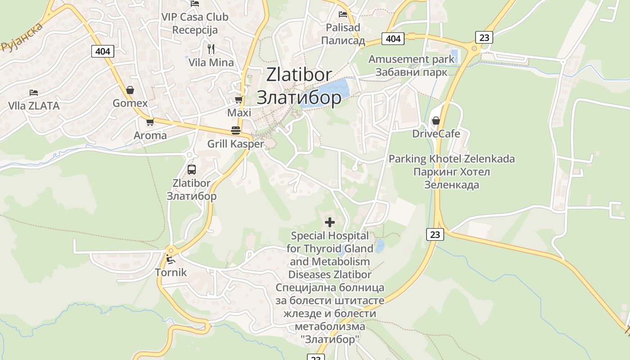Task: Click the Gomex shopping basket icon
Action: click(x=130, y=90)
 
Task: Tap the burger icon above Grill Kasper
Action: click(x=236, y=130)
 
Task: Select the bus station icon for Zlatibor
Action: click(x=192, y=170)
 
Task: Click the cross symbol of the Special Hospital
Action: click(x=330, y=222)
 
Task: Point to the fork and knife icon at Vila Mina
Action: click(x=211, y=49)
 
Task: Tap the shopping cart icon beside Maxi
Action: click(x=238, y=99)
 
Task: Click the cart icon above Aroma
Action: click(x=150, y=122)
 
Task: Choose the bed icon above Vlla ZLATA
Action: click(x=34, y=93)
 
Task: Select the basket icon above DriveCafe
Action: click(x=436, y=121)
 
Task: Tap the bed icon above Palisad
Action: click(x=343, y=14)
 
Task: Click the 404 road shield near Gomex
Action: click(x=103, y=51)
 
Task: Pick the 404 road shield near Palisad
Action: click(x=393, y=39)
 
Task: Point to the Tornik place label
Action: click(x=171, y=273)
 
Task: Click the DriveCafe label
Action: click(x=436, y=134)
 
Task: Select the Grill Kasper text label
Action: click(x=235, y=144)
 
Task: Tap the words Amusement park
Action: click(x=411, y=59)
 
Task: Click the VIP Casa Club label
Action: click(x=195, y=17)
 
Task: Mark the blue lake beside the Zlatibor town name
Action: click(x=333, y=92)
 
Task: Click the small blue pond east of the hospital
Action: click(x=380, y=246)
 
